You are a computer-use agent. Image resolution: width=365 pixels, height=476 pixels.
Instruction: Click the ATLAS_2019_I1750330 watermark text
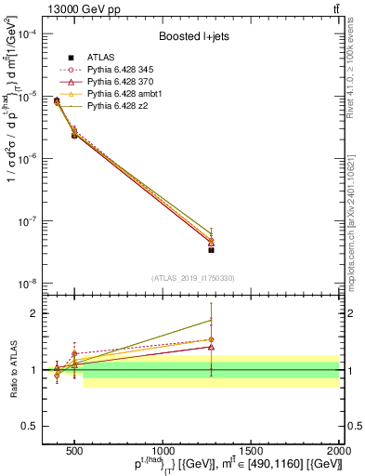192,277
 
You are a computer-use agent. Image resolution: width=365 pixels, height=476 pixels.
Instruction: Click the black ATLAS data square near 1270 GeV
212,249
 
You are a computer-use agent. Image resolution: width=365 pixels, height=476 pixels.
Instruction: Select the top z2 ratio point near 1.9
212,320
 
